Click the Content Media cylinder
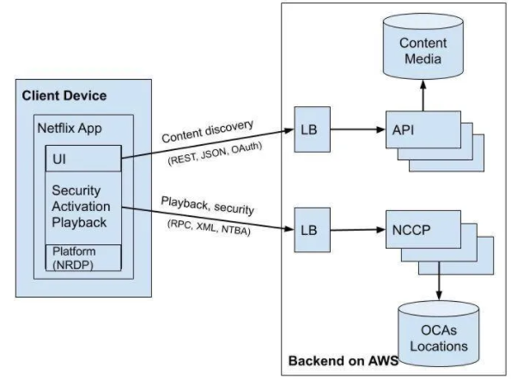point(423,46)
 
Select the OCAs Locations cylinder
point(438,334)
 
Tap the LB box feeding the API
point(313,129)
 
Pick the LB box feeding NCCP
point(313,230)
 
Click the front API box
point(423,129)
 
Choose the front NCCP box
point(423,229)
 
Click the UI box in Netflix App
point(83,159)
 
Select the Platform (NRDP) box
point(83,257)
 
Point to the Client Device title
point(64,96)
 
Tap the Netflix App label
point(70,128)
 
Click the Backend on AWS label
point(344,361)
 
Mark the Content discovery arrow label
point(207,131)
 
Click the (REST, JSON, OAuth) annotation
point(215,153)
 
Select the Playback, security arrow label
point(208,205)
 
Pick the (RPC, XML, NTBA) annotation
point(209,227)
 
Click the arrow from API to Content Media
point(423,96)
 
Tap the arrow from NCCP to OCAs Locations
point(439,280)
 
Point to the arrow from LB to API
point(358,129)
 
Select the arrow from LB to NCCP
point(358,230)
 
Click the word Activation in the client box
point(81,207)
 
